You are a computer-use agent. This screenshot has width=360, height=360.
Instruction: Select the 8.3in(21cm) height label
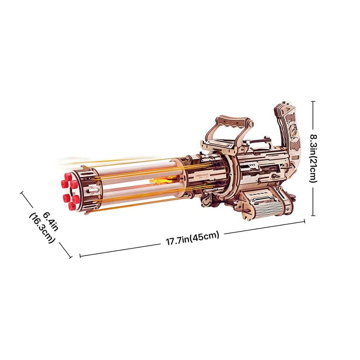click(313, 157)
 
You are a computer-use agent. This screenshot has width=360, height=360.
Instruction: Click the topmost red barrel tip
click(68, 177)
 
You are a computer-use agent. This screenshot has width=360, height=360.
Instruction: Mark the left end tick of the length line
click(80, 256)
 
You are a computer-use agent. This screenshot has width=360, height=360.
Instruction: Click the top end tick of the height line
click(313, 102)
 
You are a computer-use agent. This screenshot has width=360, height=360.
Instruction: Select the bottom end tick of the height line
click(313, 215)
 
